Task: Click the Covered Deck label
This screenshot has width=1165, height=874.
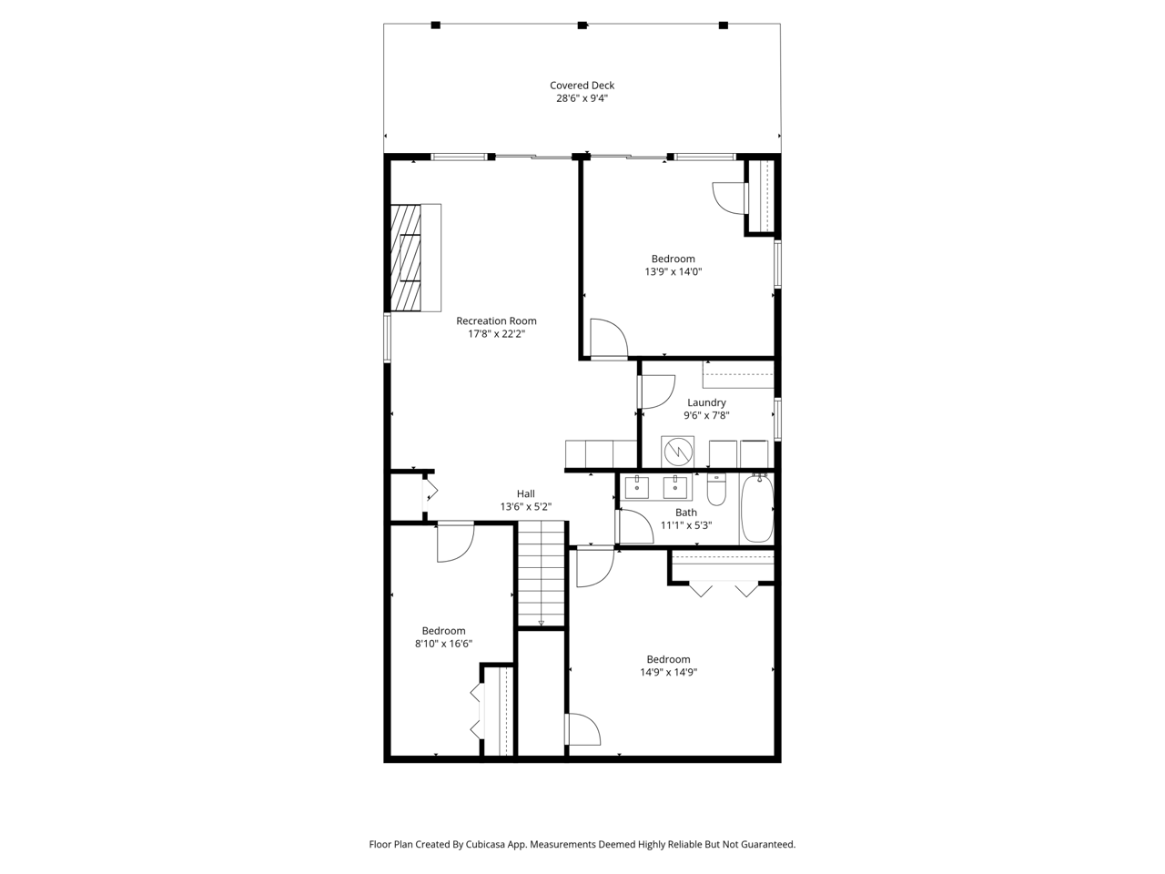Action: pyautogui.click(x=582, y=86)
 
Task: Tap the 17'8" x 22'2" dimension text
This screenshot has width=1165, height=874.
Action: pyautogui.click(x=496, y=334)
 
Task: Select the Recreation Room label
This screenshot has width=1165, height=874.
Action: pyautogui.click(x=496, y=321)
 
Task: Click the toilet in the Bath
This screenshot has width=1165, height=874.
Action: pyautogui.click(x=716, y=490)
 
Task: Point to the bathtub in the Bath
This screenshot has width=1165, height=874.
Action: pyautogui.click(x=757, y=508)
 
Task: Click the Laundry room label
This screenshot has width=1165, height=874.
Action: pyautogui.click(x=706, y=402)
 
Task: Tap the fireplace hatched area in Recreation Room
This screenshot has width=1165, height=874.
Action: pyautogui.click(x=406, y=258)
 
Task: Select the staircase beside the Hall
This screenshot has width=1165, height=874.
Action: pyautogui.click(x=541, y=574)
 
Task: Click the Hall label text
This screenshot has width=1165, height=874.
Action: pyautogui.click(x=525, y=493)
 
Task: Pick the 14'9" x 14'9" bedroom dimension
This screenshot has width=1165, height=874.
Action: pyautogui.click(x=668, y=673)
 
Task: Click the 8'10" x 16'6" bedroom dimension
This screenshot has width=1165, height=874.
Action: pyautogui.click(x=443, y=644)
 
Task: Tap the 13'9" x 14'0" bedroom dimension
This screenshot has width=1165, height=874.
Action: pyautogui.click(x=673, y=271)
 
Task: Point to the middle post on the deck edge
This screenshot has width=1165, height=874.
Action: pyautogui.click(x=582, y=25)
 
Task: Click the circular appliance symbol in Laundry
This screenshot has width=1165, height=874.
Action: pyautogui.click(x=678, y=452)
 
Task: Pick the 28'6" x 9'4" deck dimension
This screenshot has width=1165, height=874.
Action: pyautogui.click(x=582, y=98)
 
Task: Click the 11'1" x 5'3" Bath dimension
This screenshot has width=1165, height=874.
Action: pyautogui.click(x=685, y=526)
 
